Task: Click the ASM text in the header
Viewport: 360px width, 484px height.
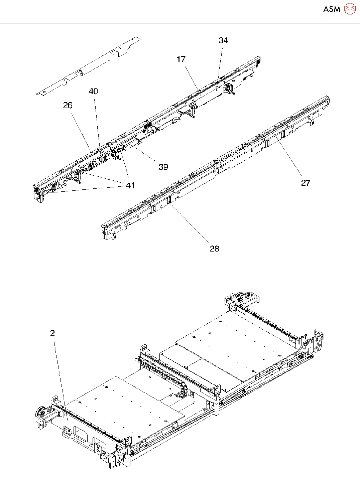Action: pyautogui.click(x=332, y=9)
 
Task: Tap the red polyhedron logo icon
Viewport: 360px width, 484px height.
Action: pyautogui.click(x=350, y=9)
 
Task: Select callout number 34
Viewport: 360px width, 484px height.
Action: pyautogui.click(x=223, y=40)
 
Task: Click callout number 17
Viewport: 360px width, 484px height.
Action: pyautogui.click(x=181, y=59)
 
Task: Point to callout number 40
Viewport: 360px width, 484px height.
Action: pyautogui.click(x=93, y=92)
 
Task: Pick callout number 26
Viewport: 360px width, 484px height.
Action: pyautogui.click(x=68, y=106)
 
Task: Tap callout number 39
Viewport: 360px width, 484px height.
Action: pyautogui.click(x=163, y=167)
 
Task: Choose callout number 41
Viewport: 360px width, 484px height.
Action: pyautogui.click(x=130, y=186)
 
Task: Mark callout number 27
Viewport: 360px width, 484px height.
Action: pyautogui.click(x=306, y=183)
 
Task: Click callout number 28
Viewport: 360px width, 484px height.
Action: pyautogui.click(x=214, y=249)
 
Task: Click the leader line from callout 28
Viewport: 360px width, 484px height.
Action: pyautogui.click(x=189, y=222)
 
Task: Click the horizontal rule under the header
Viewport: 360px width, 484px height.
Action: pyautogui.click(x=180, y=23)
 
